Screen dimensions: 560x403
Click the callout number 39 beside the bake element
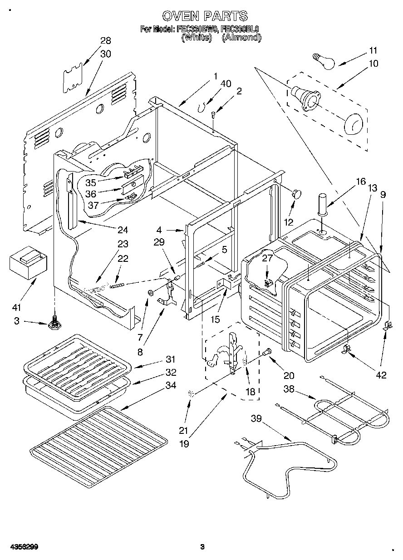tap(257, 418)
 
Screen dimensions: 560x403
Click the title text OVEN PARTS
tap(205, 16)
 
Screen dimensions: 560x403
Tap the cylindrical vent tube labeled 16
tap(323, 204)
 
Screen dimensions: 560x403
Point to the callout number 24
tap(123, 230)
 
